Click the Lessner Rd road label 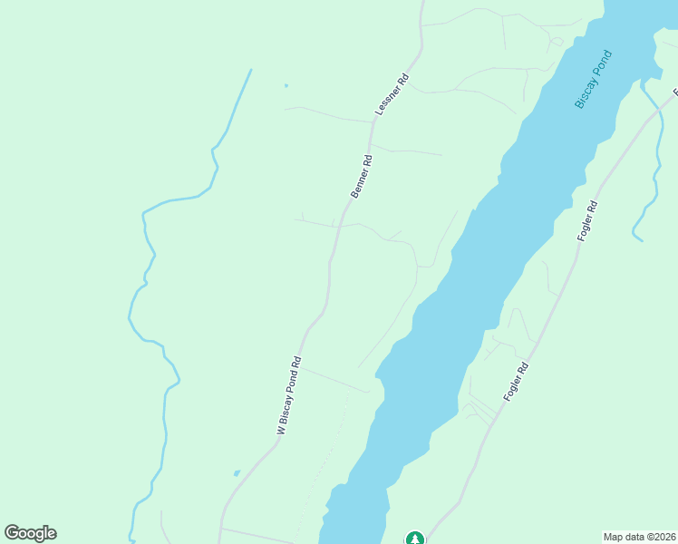[x=393, y=94]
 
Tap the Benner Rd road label [x=362, y=176]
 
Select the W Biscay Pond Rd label [x=289, y=397]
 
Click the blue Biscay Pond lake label [x=595, y=79]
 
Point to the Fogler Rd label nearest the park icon [x=516, y=384]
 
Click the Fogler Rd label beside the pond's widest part [x=588, y=219]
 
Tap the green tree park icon [x=415, y=539]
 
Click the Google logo [x=30, y=533]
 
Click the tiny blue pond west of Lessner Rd [x=286, y=86]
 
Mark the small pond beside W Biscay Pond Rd [x=236, y=473]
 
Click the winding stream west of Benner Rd [x=145, y=272]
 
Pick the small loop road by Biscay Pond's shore [x=556, y=41]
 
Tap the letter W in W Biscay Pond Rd [x=281, y=432]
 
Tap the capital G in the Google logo [x=12, y=533]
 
